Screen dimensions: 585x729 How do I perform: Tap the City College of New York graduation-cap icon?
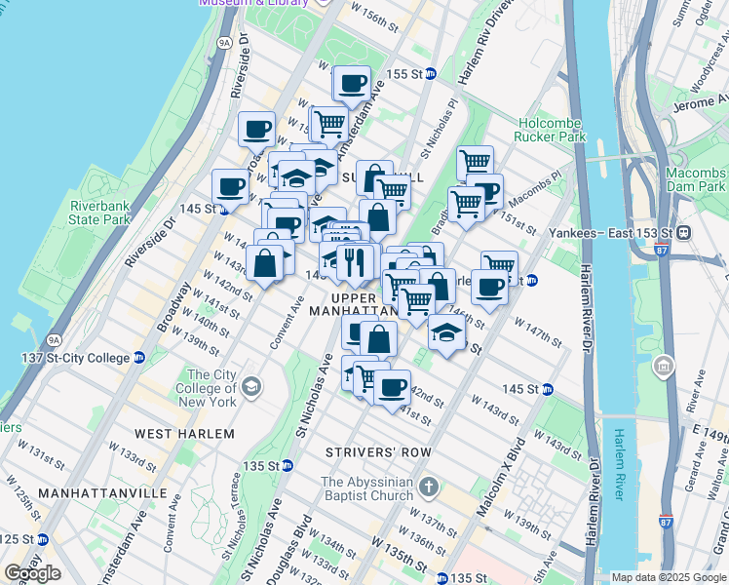(252, 388)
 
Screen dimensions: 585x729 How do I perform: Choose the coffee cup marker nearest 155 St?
(352, 83)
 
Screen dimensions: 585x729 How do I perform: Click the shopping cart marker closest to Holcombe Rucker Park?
(475, 162)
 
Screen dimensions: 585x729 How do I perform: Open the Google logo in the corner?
(32, 573)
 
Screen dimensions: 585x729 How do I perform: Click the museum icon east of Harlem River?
(664, 368)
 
